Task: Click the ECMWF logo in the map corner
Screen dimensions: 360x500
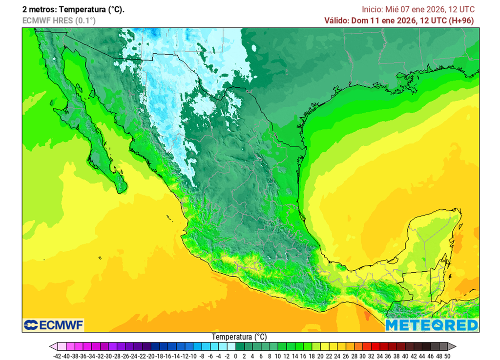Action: (x=53, y=325)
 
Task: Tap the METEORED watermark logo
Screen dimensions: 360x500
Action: (x=431, y=325)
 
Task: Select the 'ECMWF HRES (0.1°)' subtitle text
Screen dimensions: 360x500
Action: (x=59, y=20)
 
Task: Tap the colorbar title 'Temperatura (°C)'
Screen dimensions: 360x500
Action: (x=239, y=337)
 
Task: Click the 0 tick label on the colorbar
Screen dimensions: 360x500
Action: (x=236, y=356)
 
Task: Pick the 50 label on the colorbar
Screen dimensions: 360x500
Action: (x=447, y=356)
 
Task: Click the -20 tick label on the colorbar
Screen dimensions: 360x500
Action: (x=150, y=356)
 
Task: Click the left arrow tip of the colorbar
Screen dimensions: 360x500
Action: (x=51, y=346)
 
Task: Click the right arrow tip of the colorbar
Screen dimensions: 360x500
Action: (x=455, y=346)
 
